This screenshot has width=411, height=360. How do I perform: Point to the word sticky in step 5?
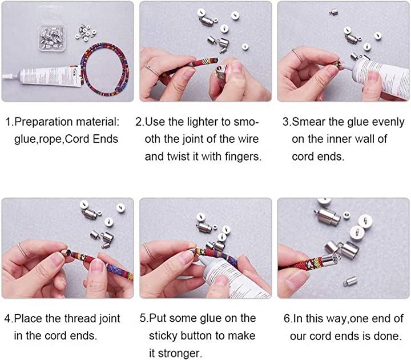point(163,336)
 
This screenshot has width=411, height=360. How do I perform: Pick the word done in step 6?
point(388,336)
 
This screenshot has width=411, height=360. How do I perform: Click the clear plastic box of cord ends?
point(51,38)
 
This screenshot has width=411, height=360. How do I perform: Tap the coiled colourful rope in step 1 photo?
point(105,69)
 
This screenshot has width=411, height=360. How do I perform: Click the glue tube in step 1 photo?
point(43,75)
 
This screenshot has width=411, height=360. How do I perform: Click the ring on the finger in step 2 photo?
point(151,69)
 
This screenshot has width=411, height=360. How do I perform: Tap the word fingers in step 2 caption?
point(243,157)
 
